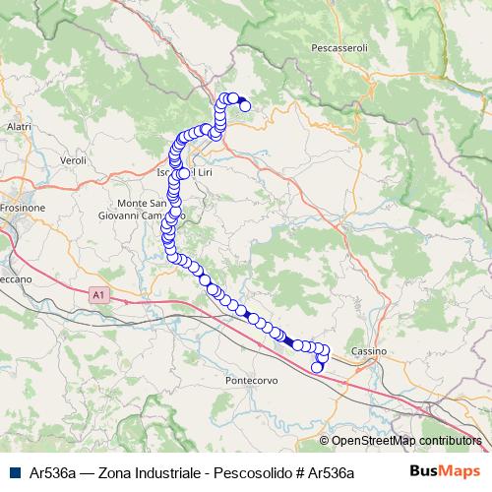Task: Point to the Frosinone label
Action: click(23, 209)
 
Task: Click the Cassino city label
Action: click(370, 351)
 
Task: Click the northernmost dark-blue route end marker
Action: click(245, 106)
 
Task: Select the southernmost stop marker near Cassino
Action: click(317, 368)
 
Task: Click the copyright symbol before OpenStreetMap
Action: click(324, 441)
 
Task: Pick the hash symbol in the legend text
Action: click(298, 472)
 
